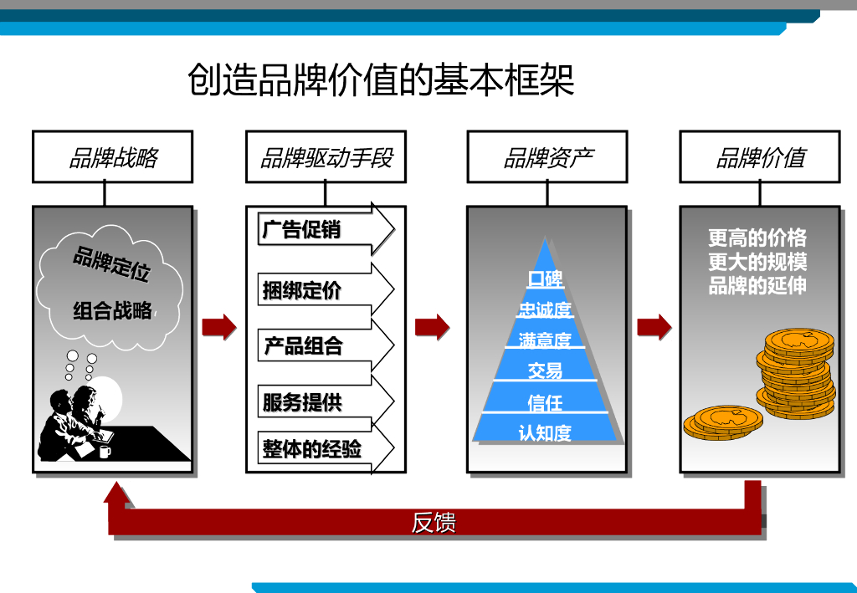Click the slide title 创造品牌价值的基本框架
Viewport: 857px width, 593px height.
[381, 81]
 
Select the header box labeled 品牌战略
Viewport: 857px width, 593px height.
[112, 157]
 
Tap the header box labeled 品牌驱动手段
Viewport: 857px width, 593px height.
[326, 157]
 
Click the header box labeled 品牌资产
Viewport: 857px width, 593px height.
[547, 157]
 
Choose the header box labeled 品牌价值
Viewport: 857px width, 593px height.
[760, 157]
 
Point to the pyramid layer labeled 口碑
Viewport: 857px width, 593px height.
[546, 278]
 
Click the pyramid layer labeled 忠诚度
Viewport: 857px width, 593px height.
[546, 309]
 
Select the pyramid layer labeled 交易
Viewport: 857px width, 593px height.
[546, 369]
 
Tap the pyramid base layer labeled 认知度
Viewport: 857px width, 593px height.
[546, 432]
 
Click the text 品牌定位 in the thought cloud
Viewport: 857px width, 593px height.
[112, 263]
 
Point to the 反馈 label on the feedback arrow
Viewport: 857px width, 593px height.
[434, 524]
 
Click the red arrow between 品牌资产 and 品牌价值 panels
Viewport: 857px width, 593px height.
[654, 326]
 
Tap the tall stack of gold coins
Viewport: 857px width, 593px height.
[796, 372]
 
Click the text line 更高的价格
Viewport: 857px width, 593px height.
[757, 238]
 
